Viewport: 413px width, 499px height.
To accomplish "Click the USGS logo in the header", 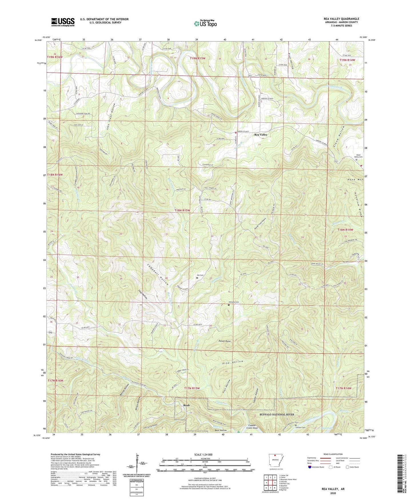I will (63, 22).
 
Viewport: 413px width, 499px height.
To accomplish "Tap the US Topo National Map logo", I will (205, 23).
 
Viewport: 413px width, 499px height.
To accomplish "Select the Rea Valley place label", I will (261, 135).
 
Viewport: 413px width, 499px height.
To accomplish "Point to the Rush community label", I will (186, 405).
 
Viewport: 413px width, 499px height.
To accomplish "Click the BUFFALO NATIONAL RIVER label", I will (277, 414).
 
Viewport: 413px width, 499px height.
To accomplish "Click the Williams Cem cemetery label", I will (234, 302).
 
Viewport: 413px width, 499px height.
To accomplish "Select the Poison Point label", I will (224, 341).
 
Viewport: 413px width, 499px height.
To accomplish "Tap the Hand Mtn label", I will (355, 179).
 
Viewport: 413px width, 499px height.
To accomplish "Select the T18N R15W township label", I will (182, 210).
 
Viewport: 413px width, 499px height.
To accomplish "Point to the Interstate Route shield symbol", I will (310, 467).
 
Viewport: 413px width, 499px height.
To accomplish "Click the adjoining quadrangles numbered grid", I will (270, 483).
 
